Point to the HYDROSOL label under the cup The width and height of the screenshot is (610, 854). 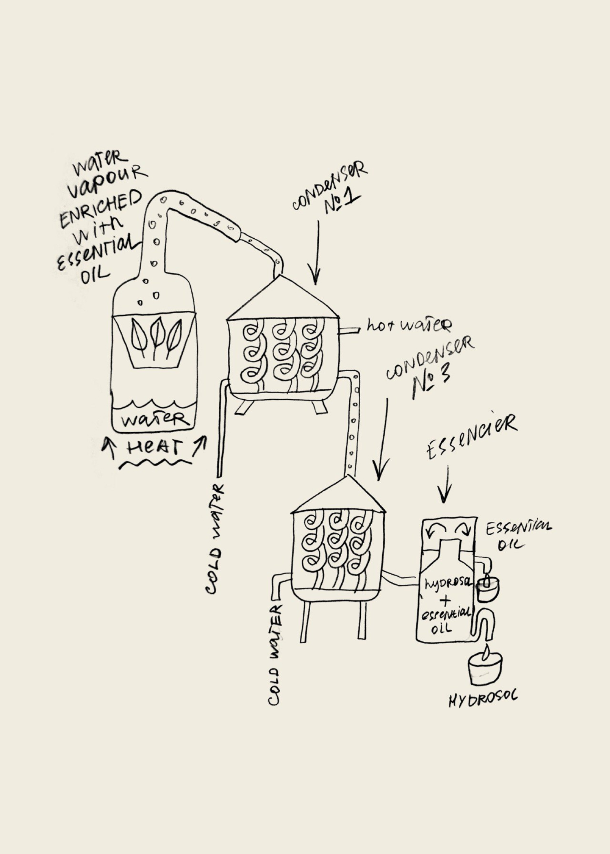483,699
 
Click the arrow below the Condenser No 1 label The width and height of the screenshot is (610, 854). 316,252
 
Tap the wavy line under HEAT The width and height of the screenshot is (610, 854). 155,464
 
